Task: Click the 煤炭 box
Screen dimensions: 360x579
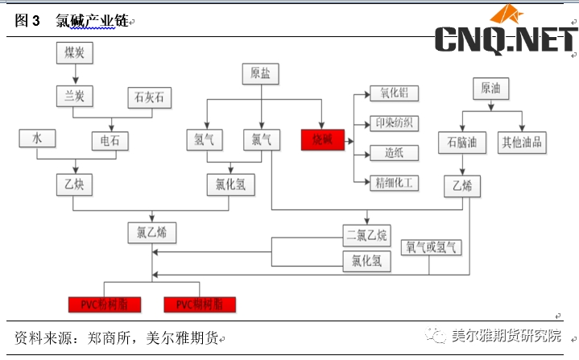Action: click(x=76, y=53)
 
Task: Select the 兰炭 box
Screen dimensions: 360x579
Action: click(x=76, y=97)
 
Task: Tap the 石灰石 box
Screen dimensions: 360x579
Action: click(x=151, y=97)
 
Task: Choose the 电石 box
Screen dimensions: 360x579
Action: click(x=110, y=141)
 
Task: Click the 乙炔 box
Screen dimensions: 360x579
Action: click(x=76, y=184)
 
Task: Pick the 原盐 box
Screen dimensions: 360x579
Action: click(x=260, y=74)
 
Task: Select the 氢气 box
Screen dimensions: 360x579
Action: click(x=205, y=139)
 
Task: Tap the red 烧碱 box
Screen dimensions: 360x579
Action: click(x=322, y=140)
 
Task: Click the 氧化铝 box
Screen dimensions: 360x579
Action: click(x=394, y=93)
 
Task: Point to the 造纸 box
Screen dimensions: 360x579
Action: click(x=394, y=152)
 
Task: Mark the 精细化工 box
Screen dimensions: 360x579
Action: click(x=394, y=183)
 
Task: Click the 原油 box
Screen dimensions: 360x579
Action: click(x=495, y=88)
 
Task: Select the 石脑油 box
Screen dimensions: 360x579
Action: click(x=462, y=143)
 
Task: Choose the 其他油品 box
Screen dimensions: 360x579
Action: click(x=522, y=143)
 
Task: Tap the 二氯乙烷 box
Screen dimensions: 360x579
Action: click(x=366, y=236)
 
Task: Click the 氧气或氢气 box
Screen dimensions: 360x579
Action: click(x=433, y=248)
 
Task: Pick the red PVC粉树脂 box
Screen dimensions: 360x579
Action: click(x=105, y=304)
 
